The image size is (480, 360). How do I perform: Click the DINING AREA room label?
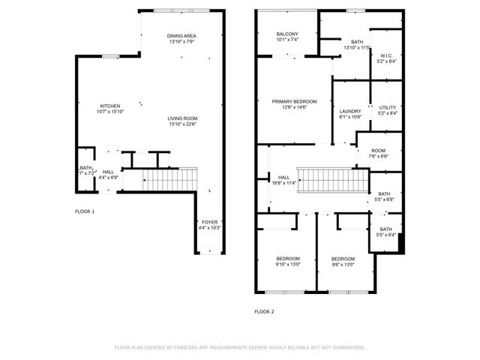[181, 36]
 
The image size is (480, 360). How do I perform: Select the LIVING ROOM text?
[182, 118]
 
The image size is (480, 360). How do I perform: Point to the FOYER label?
[209, 222]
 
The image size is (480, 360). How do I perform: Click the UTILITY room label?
[387, 107]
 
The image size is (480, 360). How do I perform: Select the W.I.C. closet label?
[387, 55]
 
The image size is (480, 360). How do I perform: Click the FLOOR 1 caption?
[85, 212]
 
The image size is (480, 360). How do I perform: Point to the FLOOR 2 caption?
[264, 311]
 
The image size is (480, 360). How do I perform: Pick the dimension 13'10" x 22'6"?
[182, 124]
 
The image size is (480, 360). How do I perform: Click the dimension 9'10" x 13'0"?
[288, 264]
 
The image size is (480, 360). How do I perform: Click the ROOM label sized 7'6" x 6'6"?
[378, 151]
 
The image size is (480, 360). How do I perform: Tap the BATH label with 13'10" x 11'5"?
[357, 42]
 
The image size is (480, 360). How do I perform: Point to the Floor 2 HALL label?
[263, 177]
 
